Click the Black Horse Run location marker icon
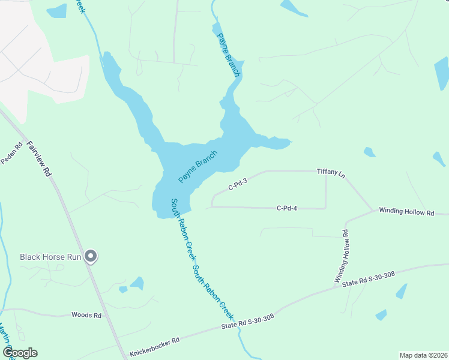click(x=91, y=256)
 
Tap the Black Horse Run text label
click(x=50, y=257)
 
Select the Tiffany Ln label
click(x=331, y=172)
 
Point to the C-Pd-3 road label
click(x=238, y=183)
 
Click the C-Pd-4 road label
click(x=287, y=208)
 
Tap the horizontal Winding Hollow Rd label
click(x=406, y=212)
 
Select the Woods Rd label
click(x=86, y=314)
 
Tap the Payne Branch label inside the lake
click(x=197, y=166)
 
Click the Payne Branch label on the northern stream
click(x=228, y=55)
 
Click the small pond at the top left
click(x=56, y=11)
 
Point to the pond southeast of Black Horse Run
click(x=137, y=283)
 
